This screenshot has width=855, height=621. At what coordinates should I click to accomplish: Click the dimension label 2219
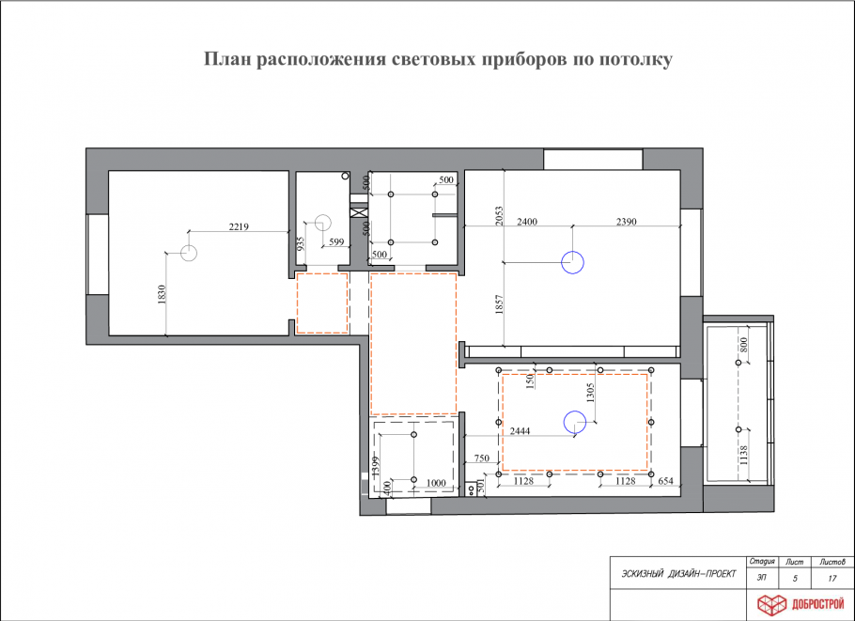click(x=238, y=225)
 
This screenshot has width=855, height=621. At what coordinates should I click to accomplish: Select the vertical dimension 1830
click(x=162, y=295)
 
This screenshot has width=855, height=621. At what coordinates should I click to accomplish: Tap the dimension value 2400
click(x=526, y=222)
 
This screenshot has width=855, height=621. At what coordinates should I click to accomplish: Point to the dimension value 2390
click(x=627, y=222)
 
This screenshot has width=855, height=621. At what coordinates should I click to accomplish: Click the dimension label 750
click(x=482, y=458)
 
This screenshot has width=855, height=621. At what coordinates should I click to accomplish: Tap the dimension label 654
click(x=665, y=480)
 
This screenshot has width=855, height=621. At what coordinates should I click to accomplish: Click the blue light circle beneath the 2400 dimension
click(x=572, y=262)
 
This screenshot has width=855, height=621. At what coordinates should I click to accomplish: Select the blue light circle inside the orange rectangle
click(x=572, y=424)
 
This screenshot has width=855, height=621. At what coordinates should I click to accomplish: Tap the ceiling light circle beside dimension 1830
click(x=189, y=252)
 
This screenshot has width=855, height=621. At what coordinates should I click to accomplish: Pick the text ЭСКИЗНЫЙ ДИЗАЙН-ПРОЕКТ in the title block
click(x=673, y=574)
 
